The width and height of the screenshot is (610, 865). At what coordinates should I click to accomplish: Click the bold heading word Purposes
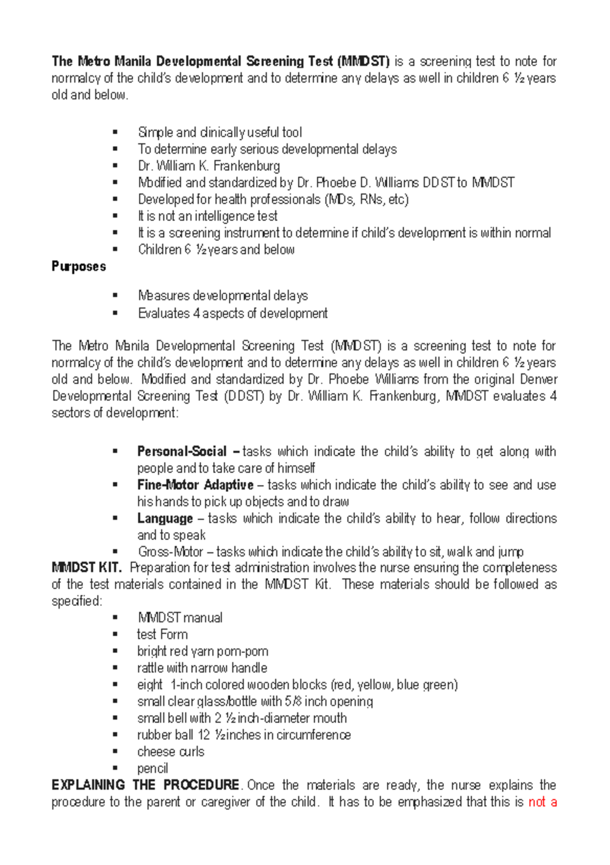(x=79, y=267)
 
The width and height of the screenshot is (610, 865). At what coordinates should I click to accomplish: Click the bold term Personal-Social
(x=181, y=452)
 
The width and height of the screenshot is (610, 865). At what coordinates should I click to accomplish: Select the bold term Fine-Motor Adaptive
(x=195, y=485)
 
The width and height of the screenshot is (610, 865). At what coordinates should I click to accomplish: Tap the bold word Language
(x=165, y=519)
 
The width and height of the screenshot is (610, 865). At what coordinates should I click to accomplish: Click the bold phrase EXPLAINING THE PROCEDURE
(x=145, y=785)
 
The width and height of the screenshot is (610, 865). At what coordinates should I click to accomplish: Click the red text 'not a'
(x=542, y=802)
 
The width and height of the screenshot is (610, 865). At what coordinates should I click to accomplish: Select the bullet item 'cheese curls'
(x=171, y=752)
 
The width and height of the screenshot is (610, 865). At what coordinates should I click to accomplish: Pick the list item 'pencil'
(x=152, y=769)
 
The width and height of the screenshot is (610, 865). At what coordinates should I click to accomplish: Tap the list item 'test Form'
(x=162, y=635)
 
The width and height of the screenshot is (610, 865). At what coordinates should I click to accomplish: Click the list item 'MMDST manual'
(x=180, y=618)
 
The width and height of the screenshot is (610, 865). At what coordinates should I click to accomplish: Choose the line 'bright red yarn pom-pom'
(x=202, y=652)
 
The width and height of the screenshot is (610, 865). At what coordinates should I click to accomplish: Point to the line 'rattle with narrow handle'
(x=202, y=668)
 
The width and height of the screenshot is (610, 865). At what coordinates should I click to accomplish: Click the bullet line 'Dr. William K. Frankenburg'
(x=209, y=166)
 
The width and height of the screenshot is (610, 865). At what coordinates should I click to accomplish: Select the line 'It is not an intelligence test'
(x=207, y=217)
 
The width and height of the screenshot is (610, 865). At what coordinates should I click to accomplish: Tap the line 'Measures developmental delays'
(x=223, y=296)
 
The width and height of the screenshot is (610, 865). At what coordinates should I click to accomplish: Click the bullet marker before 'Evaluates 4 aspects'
(x=115, y=313)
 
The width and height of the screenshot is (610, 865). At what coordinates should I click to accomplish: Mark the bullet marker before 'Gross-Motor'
(x=115, y=551)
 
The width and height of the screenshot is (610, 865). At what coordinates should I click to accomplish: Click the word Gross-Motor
(x=170, y=552)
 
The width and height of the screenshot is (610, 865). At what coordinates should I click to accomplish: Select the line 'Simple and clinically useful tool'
(x=220, y=133)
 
